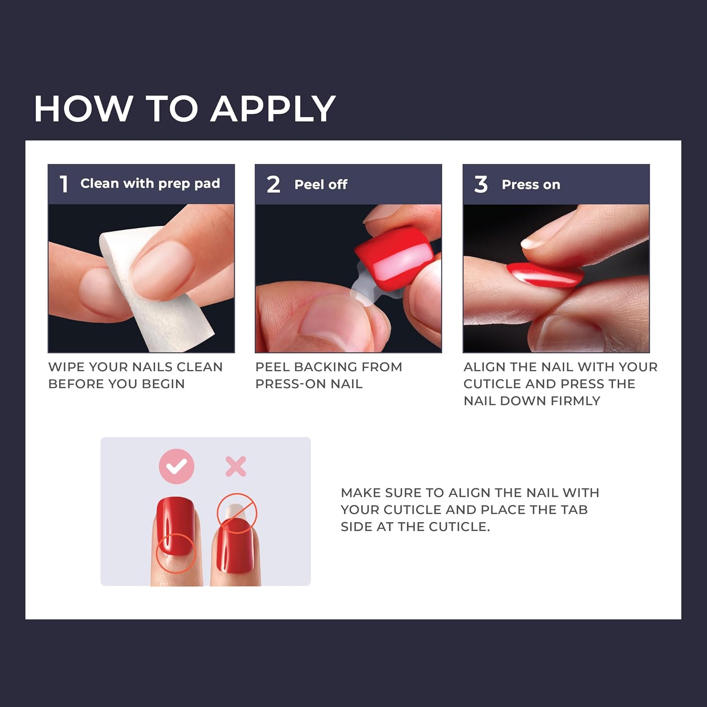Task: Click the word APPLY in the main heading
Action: (x=273, y=109)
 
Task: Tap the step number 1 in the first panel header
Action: (x=64, y=184)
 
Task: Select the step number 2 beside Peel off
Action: (x=273, y=184)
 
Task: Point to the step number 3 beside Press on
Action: (x=481, y=184)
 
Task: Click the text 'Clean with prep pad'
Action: (x=150, y=183)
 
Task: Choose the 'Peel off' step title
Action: (x=321, y=184)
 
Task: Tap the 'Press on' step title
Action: (x=531, y=184)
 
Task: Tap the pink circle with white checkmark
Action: (x=176, y=466)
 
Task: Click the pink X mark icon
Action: (x=236, y=467)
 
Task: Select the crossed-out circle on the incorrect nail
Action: (x=237, y=513)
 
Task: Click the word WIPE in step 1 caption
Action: (x=66, y=367)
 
